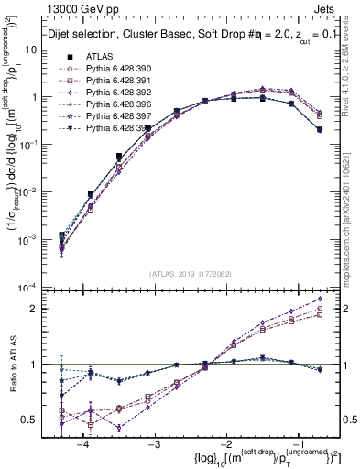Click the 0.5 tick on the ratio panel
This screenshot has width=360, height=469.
(37, 420)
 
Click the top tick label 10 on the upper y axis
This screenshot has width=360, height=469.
(37, 49)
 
